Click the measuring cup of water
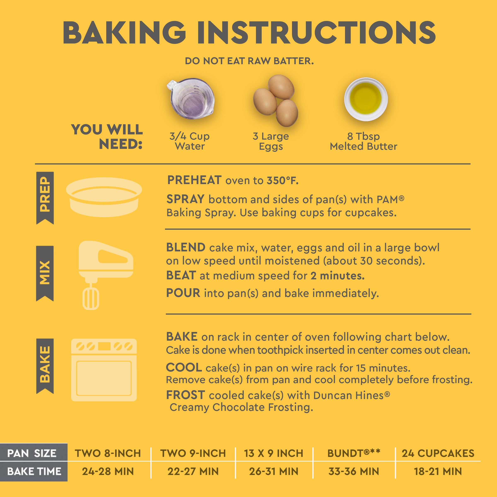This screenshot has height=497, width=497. pos(191,99)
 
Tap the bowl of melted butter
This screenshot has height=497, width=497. pos(366,99)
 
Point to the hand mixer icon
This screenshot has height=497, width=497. pos(106,275)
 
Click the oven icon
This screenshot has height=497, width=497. pos(104,370)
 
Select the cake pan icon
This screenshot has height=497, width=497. pos(104,197)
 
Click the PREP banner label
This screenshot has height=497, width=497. pos(45,198)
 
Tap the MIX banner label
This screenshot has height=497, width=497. pos(45,273)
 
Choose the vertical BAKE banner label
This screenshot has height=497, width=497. pos(45,366)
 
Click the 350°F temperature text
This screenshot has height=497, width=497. pos(282,181)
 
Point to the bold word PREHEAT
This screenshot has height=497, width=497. pos(194,180)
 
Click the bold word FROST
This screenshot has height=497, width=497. pos(185,395)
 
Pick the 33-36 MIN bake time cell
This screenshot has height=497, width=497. pos(354,472)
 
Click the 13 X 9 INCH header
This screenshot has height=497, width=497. pos(274,453)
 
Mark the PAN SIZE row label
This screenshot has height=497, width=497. pos(32,453)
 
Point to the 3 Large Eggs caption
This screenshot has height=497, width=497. pos(271,141)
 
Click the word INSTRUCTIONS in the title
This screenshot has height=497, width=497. pos(316,33)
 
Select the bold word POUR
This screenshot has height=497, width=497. pos(183,293)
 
